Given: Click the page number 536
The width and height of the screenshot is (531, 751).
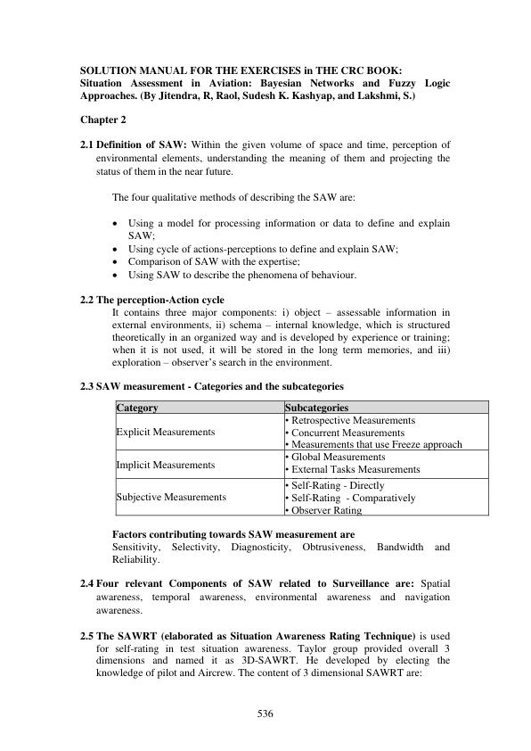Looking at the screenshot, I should tap(265, 714).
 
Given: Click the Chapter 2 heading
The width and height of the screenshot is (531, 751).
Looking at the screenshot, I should tap(105, 118).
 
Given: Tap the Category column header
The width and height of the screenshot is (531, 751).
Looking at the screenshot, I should tap(137, 408).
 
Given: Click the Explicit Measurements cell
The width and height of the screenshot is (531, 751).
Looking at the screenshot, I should tap(166, 432).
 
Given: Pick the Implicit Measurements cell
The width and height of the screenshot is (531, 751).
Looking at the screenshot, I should tap(166, 464).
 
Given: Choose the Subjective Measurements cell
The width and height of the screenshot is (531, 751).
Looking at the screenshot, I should tap(171, 497).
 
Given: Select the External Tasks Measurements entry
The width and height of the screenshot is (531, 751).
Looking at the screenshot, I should tap(353, 469).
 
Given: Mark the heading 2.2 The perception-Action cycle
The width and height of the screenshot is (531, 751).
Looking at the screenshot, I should tap(152, 300).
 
